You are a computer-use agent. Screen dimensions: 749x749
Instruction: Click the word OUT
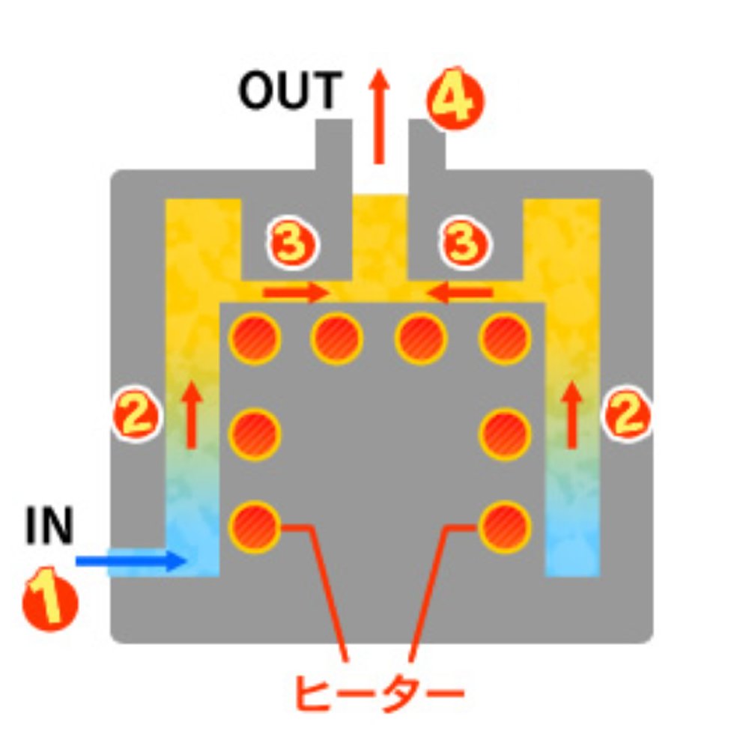click(x=289, y=91)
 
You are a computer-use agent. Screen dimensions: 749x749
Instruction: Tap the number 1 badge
click(x=50, y=600)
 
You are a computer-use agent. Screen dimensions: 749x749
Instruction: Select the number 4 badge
click(x=455, y=100)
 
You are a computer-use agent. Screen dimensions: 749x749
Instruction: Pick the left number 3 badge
click(x=293, y=244)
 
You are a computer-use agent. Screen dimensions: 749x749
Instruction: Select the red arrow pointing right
click(x=296, y=291)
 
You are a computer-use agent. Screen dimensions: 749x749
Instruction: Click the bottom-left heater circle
click(x=255, y=526)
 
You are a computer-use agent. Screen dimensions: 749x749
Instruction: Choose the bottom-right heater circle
click(x=506, y=526)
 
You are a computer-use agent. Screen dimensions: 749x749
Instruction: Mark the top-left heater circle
click(x=255, y=339)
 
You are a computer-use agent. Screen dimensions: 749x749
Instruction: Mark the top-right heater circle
click(x=506, y=339)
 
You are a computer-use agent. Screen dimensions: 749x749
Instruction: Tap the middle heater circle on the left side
click(x=255, y=433)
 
